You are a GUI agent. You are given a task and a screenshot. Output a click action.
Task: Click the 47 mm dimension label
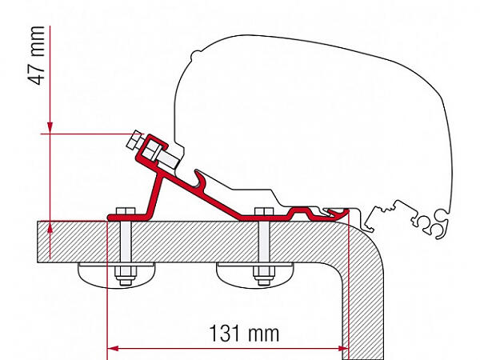[37, 55]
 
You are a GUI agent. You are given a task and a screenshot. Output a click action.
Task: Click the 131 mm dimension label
[244, 334]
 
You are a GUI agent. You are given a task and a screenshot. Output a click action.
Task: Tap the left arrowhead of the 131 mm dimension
[114, 348]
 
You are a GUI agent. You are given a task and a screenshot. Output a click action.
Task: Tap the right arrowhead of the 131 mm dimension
[343, 348]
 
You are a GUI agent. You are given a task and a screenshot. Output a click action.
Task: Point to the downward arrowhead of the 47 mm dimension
[50, 128]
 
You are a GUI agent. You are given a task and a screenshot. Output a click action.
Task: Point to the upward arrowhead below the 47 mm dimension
[50, 227]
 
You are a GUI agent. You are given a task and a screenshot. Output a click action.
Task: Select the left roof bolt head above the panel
[126, 211]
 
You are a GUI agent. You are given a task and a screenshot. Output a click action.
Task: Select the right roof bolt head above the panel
[263, 211]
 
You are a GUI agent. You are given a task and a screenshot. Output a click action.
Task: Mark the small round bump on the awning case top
[195, 54]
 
